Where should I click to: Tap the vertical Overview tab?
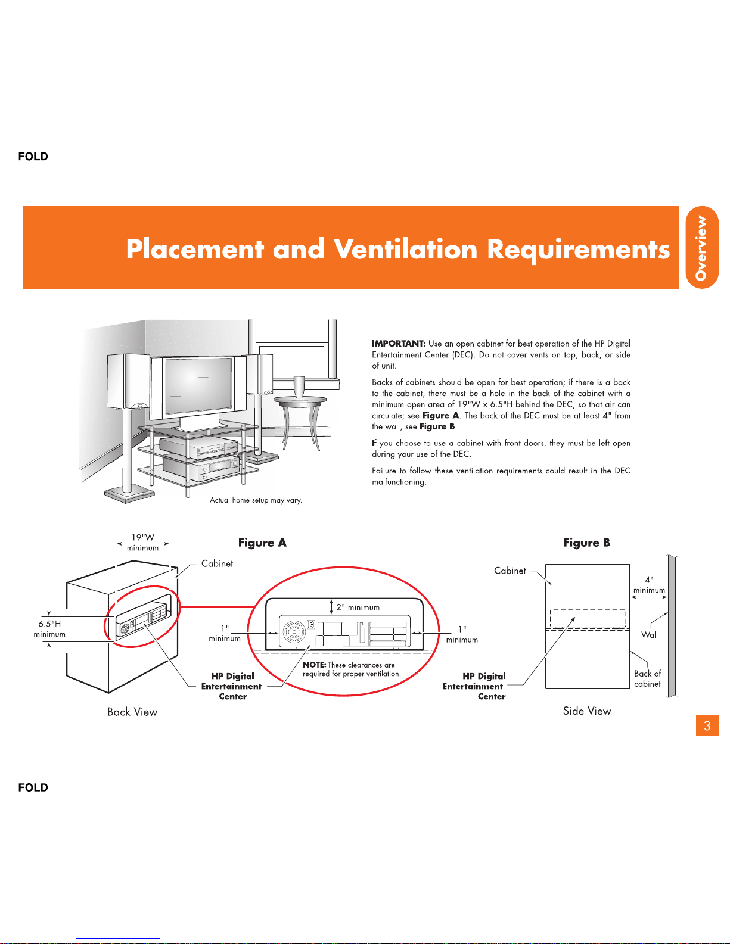coord(702,247)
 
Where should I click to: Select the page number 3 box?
coord(707,725)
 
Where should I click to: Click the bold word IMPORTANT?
coord(399,343)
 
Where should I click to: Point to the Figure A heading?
coord(262,543)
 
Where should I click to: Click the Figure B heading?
coord(586,543)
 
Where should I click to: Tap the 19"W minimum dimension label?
coord(142,543)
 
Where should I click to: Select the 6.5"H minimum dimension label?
coord(49,628)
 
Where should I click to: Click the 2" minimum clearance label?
coord(358,607)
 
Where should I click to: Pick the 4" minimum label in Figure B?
coord(649,585)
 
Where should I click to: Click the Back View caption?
coord(132,712)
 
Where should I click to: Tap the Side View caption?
coord(587,711)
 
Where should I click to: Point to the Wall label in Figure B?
coord(650,635)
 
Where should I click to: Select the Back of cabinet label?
coord(647,678)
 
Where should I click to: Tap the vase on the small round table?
coord(299,387)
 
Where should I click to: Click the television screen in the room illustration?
coord(198,385)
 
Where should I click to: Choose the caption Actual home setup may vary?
coord(256,500)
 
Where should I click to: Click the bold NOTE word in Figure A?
coord(315,665)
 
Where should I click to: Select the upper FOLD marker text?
coord(33,157)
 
